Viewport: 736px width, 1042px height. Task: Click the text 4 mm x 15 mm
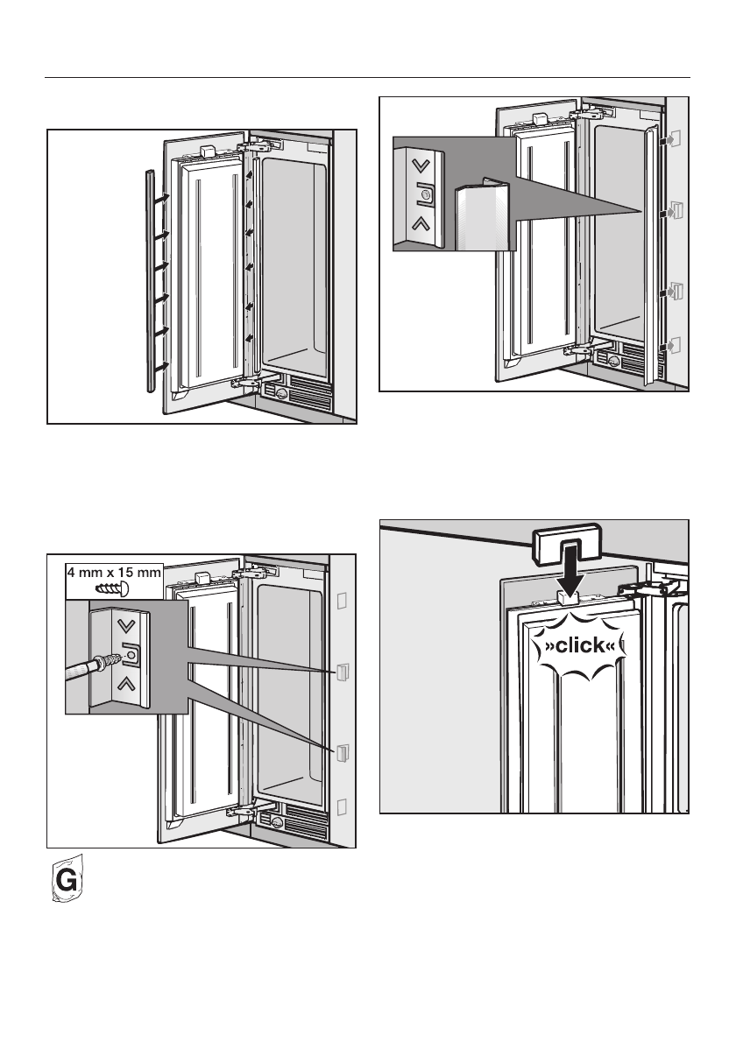click(113, 574)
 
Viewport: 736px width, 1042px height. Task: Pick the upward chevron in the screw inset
click(129, 683)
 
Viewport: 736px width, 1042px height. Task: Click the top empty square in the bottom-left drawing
click(342, 600)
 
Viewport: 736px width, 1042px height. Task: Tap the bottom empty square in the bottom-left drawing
click(342, 806)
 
